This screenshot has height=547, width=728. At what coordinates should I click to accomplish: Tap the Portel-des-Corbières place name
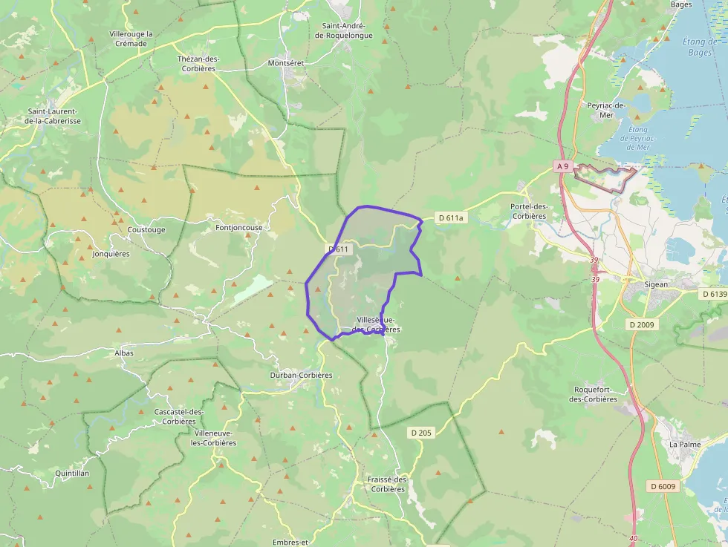point(529,212)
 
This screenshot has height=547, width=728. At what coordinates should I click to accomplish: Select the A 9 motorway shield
point(562,167)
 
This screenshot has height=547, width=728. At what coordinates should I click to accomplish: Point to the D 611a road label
point(451,218)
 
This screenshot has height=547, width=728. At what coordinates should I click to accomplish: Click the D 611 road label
point(339,249)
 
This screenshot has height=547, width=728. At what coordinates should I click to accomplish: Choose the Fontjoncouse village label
point(238,228)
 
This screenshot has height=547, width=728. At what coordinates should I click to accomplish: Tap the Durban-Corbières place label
point(301,375)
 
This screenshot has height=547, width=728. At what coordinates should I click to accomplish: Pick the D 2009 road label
point(643,324)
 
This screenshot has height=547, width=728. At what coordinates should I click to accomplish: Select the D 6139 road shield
point(714,294)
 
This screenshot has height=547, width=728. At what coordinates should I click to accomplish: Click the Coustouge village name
point(146,229)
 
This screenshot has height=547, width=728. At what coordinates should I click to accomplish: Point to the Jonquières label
point(111,253)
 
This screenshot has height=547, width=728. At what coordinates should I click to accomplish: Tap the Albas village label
point(124,353)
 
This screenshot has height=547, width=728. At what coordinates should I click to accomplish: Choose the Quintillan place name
point(72,473)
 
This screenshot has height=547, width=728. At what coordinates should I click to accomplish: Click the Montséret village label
point(286,64)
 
